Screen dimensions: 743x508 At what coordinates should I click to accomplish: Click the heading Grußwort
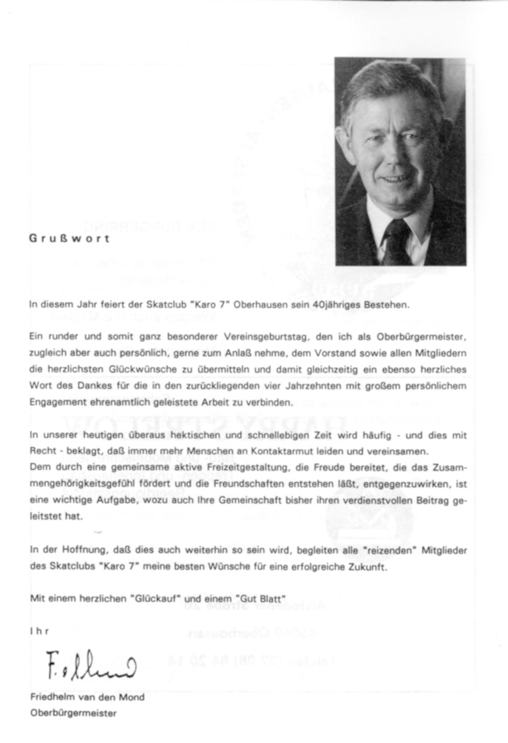[70, 239]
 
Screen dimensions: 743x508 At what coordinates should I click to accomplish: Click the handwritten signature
[92, 664]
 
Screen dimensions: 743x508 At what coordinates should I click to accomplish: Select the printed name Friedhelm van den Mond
[87, 697]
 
